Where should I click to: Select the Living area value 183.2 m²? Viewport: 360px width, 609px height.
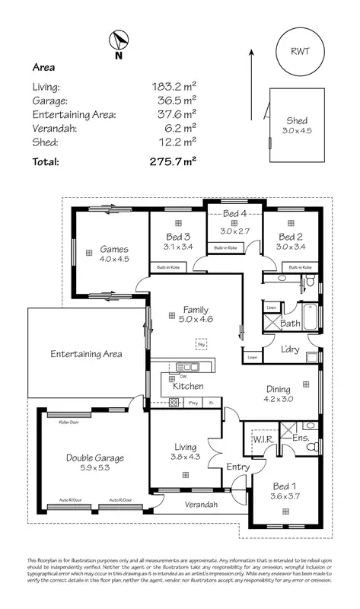[x=174, y=87]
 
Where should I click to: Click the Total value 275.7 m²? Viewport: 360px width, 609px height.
[x=174, y=161]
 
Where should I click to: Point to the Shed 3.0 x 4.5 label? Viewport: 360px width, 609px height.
[x=297, y=126]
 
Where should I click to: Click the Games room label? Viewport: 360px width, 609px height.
[x=114, y=253]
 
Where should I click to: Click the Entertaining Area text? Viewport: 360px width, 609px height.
[x=86, y=354]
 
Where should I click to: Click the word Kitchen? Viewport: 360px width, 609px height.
[x=187, y=387]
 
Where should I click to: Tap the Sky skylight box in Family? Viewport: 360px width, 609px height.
[x=201, y=344]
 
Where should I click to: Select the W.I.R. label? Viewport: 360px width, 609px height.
[x=263, y=439]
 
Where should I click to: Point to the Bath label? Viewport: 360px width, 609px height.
[x=290, y=324]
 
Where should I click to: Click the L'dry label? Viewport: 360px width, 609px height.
[x=289, y=349]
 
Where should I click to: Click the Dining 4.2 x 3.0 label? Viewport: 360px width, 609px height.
[x=278, y=393]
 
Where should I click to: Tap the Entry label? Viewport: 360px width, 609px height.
[x=237, y=467]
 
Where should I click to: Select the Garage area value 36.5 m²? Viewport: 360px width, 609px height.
[x=174, y=100]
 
